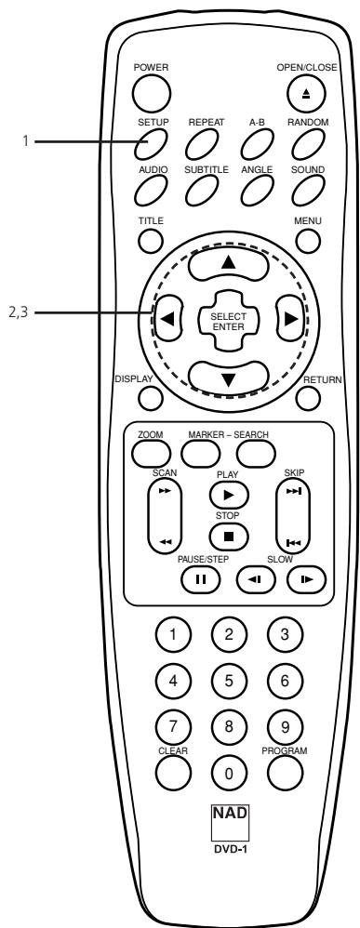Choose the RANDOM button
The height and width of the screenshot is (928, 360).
coord(306,142)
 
